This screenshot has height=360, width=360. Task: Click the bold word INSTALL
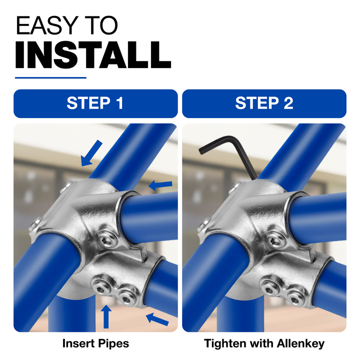point(93,54)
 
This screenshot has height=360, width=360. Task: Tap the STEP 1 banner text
point(95,103)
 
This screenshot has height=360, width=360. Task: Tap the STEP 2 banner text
point(264,103)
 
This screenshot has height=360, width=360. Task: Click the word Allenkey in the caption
point(301,343)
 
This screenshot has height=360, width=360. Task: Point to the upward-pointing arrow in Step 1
point(106,316)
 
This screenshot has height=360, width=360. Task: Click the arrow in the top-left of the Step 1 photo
point(91,153)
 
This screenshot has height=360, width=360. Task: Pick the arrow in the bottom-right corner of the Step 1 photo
point(157,319)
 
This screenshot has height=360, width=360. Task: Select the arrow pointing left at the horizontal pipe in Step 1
point(160,185)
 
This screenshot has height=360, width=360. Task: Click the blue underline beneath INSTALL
point(50,78)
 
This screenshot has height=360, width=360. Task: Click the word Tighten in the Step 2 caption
point(225,344)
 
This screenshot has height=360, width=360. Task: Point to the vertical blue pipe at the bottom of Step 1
point(71,314)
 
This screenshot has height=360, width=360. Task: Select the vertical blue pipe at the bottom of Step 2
point(240,314)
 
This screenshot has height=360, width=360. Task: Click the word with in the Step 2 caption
point(261,343)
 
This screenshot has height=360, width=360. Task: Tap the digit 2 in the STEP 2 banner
point(288,103)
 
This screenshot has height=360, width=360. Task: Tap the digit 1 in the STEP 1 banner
point(120,103)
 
